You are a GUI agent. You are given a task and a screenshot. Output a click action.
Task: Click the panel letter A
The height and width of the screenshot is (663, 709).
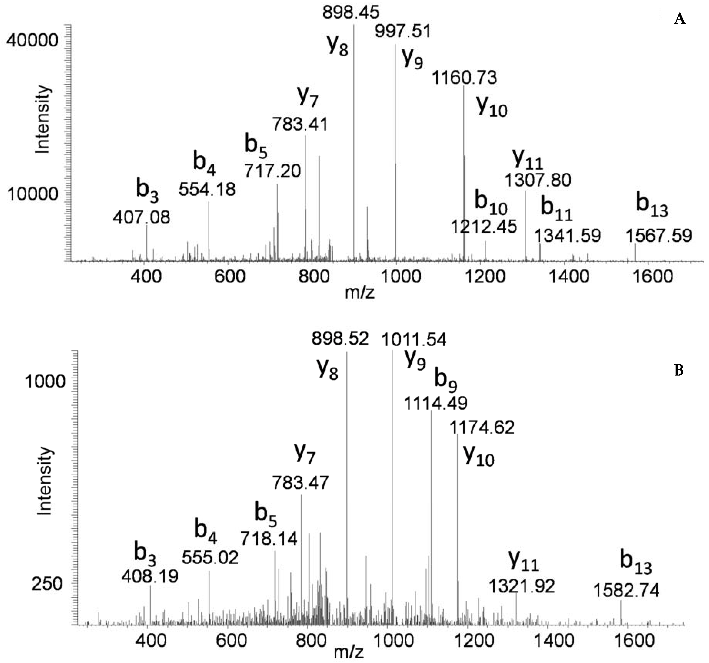680,19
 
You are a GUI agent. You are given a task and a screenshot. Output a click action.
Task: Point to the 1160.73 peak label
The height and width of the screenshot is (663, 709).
464,78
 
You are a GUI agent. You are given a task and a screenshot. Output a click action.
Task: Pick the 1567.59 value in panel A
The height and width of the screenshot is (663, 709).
659,236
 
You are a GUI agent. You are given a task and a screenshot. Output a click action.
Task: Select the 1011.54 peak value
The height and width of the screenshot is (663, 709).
414,340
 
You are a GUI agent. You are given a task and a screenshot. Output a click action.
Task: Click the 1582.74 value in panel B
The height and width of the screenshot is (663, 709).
626,591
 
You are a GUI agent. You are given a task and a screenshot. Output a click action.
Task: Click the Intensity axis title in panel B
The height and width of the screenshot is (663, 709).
45,481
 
